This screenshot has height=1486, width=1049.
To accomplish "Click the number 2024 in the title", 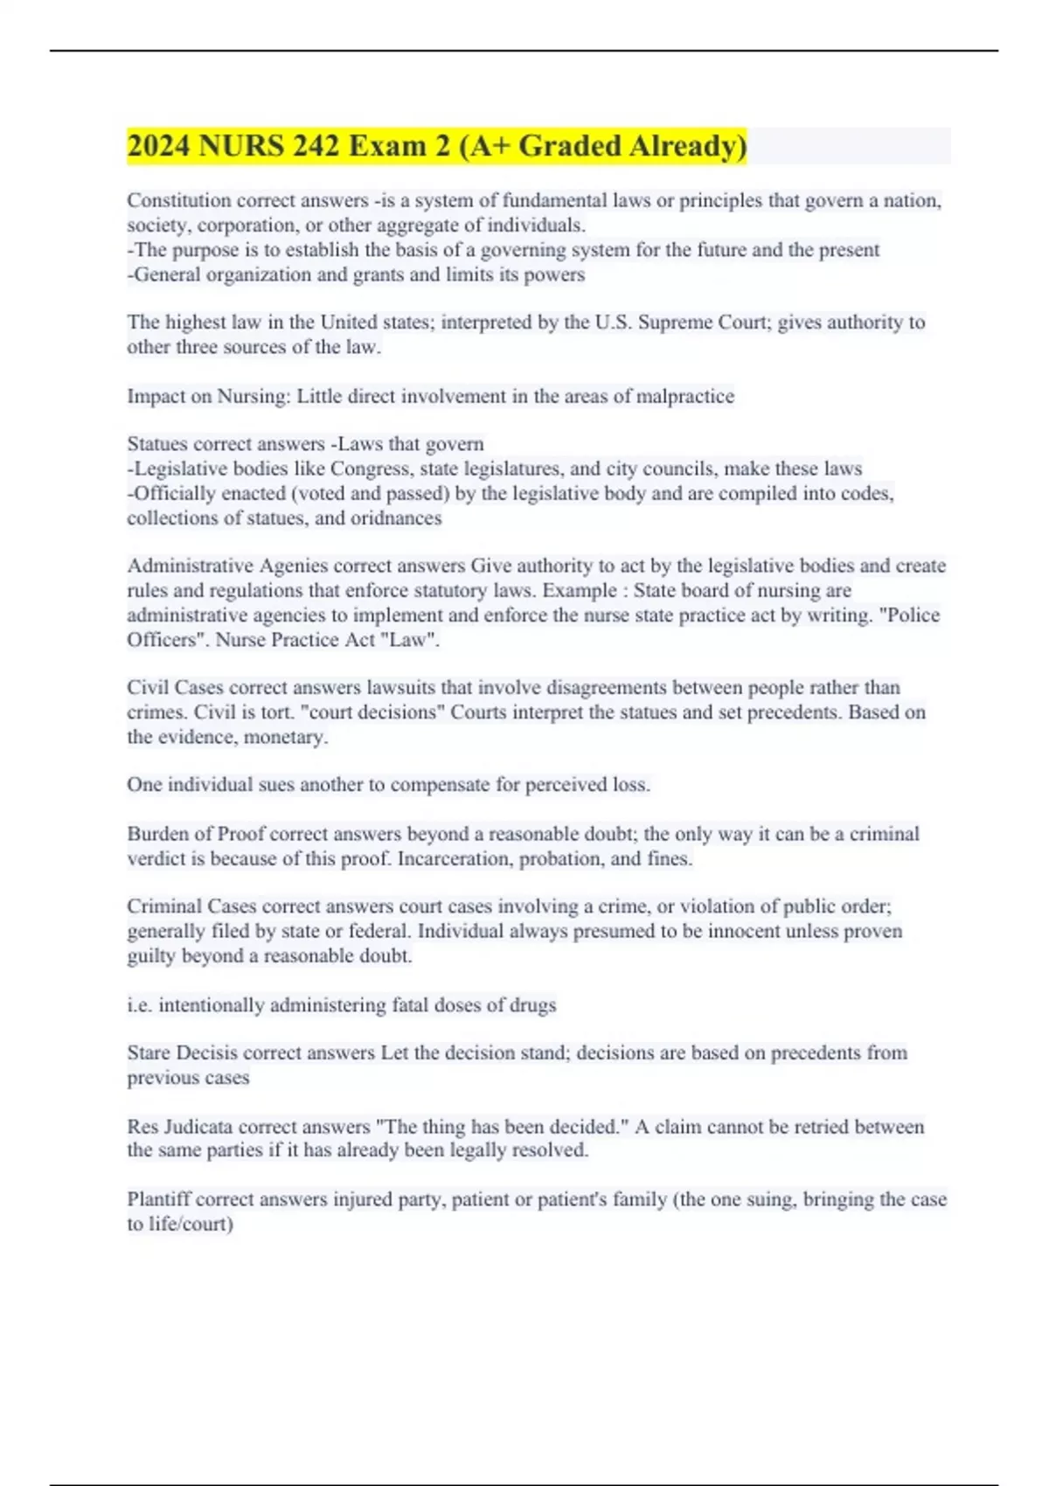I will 158,146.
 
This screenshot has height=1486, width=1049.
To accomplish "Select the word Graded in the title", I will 566,146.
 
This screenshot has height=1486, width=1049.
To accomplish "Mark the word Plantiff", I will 158,1199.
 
